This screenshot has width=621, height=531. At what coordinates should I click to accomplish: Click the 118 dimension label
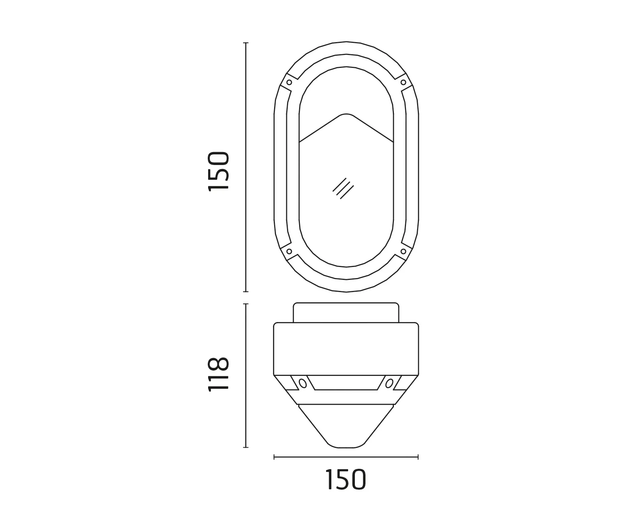(219, 374)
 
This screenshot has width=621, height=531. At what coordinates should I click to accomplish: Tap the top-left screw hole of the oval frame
(289, 82)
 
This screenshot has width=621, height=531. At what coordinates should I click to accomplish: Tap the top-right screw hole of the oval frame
(403, 82)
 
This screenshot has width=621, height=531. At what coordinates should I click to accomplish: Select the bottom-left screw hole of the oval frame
(289, 251)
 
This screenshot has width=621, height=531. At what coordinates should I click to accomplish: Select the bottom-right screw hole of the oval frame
(403, 251)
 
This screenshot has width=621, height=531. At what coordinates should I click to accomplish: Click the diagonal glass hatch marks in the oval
(343, 188)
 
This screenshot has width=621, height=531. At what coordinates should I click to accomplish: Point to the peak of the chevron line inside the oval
(346, 114)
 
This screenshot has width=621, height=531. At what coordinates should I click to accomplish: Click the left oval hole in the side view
(303, 383)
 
